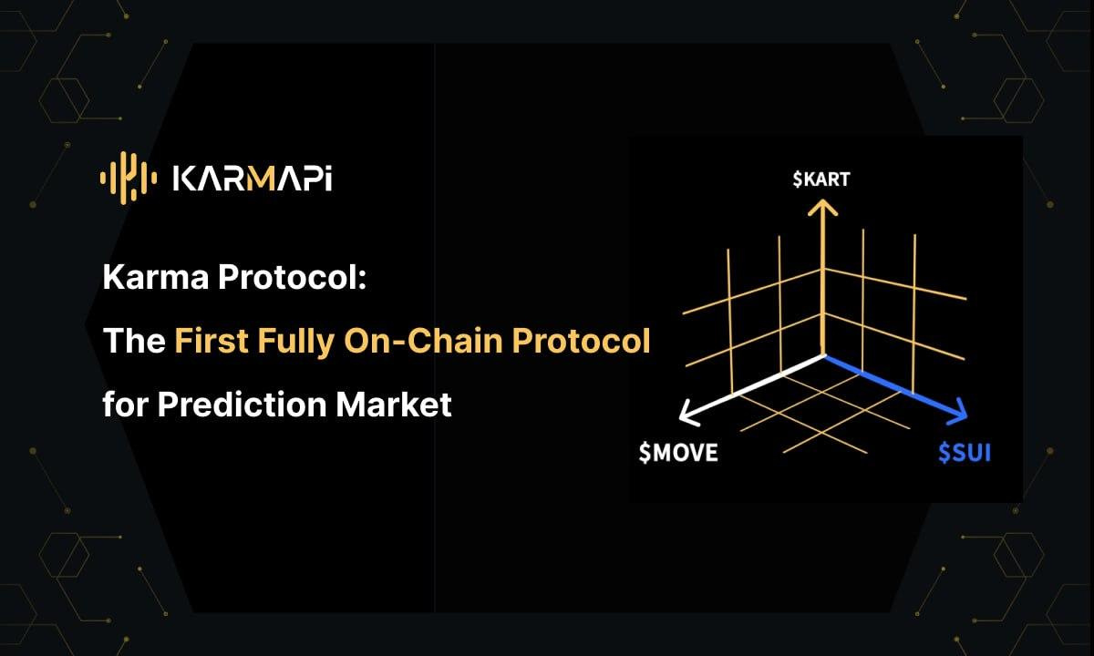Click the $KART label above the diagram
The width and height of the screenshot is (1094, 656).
coord(821,179)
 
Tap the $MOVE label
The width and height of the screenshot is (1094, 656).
coord(677,452)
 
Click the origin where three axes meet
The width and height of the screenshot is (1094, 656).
coord(824,354)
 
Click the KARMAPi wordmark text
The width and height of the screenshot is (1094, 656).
coord(253,179)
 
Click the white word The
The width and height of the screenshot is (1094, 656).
coord(133,342)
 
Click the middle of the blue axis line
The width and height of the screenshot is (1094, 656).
coord(891,385)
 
